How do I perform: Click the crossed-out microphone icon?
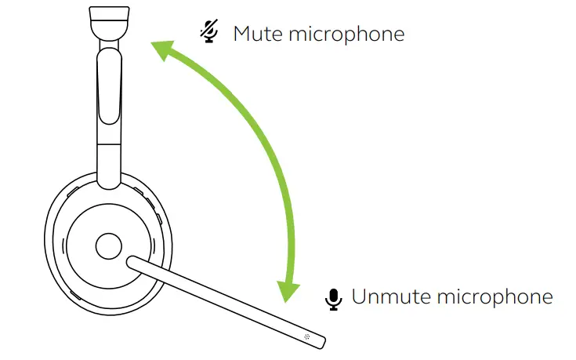208,31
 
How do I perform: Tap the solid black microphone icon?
335,299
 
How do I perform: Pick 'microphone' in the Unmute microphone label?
494,297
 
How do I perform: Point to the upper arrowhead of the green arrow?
161,51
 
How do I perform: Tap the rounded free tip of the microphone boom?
321,339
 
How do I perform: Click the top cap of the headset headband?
109,20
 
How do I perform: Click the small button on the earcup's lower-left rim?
75,296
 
